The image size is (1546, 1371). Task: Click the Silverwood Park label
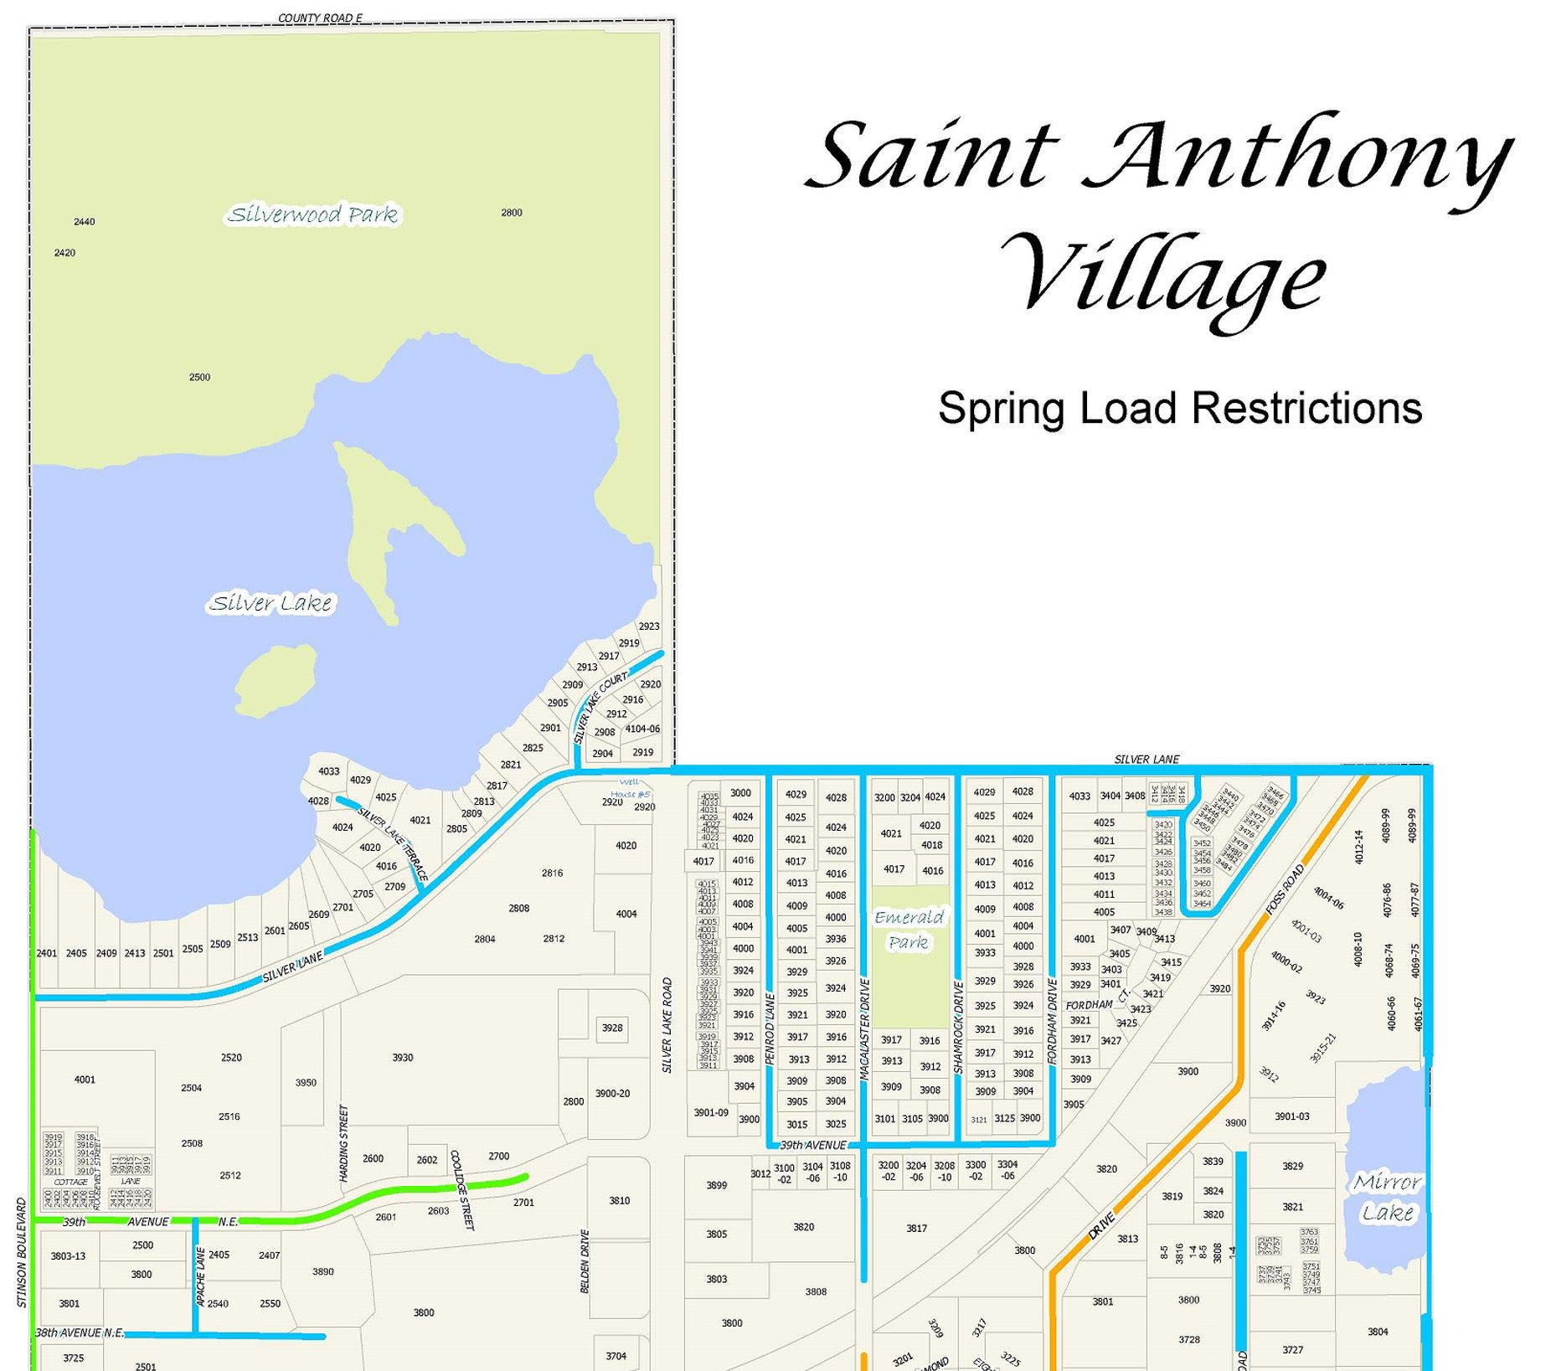pos(313,214)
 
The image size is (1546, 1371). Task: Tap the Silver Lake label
pos(271,603)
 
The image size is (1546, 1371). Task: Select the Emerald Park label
pos(908,930)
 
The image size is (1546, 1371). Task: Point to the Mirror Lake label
pos(1387,1197)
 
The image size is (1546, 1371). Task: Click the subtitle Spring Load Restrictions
pos(1179,408)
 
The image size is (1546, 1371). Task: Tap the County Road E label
pos(320,18)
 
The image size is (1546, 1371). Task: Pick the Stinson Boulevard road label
pos(22,1252)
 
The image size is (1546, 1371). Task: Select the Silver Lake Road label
pos(667,1024)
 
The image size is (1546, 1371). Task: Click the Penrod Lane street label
pos(770,1028)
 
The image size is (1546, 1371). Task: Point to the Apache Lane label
pos(201,1276)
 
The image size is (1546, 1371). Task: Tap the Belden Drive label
pos(585,1260)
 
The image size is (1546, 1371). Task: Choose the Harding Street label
pos(343,1143)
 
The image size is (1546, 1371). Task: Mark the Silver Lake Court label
pos(600,707)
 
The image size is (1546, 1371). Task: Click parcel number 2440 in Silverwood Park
pos(85,222)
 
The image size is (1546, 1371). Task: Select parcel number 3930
pos(403,1058)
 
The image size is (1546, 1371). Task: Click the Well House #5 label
pos(630,788)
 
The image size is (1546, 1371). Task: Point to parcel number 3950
pos(306,1082)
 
